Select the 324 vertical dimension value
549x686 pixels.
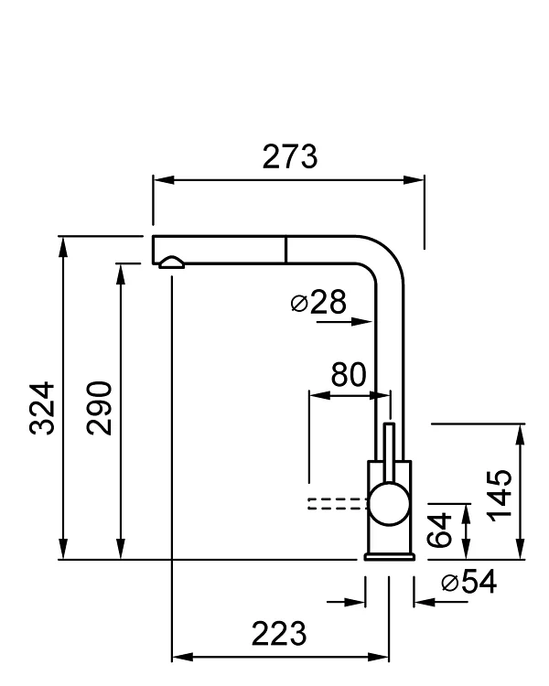pos(42,408)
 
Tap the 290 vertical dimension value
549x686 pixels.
pos(100,408)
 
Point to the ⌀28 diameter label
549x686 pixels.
pos(318,303)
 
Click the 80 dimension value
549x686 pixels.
pos(348,375)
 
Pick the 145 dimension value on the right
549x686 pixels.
pos(499,494)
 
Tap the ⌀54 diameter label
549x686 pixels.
pos(468,583)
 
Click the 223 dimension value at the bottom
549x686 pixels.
pos(278,633)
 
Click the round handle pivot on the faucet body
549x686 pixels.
pos(389,504)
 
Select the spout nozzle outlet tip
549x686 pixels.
pos(171,263)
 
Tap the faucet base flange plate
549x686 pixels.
pos(390,555)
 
